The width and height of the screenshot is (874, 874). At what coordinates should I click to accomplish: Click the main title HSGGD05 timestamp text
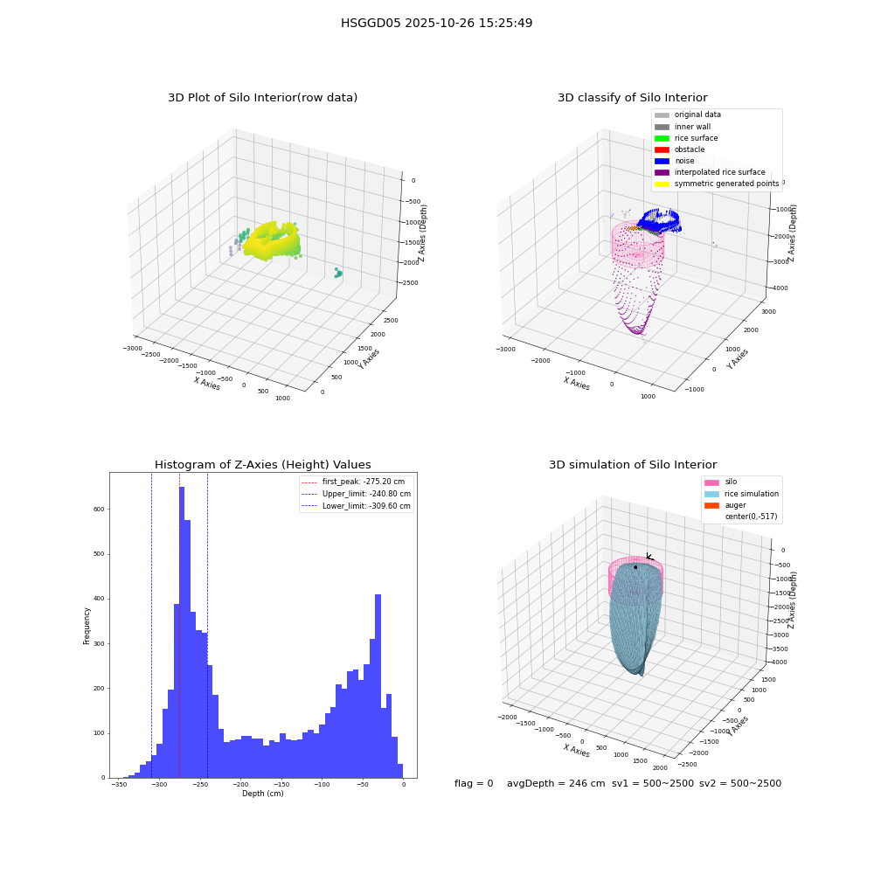point(436,23)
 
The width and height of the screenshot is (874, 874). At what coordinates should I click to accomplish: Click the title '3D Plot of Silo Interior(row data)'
point(262,98)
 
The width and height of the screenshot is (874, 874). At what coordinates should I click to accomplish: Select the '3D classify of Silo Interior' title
point(633,98)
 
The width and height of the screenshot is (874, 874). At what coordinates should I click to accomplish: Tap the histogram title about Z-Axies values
point(262,464)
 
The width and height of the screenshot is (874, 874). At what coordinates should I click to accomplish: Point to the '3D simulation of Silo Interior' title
point(633,464)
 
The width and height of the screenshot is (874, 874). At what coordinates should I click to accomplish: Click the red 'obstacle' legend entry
point(679,149)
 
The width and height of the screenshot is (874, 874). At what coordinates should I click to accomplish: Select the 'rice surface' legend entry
point(686,138)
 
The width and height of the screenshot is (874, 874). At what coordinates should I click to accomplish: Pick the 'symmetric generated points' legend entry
point(717,184)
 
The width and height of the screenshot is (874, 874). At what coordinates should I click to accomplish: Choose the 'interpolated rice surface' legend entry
point(710,172)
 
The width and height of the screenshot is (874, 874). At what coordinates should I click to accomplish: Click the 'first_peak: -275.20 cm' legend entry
point(353,482)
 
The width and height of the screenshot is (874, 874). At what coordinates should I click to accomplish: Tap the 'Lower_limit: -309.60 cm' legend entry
point(357,506)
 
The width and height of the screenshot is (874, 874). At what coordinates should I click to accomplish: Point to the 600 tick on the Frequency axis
point(99,509)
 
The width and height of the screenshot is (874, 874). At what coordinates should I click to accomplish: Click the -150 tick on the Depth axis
point(281,784)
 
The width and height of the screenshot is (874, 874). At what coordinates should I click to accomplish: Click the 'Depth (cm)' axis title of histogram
point(262,794)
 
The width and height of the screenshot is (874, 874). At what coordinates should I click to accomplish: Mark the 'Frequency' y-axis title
point(87,626)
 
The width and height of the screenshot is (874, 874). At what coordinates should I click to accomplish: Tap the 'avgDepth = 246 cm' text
point(556,783)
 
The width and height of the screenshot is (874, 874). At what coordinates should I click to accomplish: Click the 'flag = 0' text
point(474,783)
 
